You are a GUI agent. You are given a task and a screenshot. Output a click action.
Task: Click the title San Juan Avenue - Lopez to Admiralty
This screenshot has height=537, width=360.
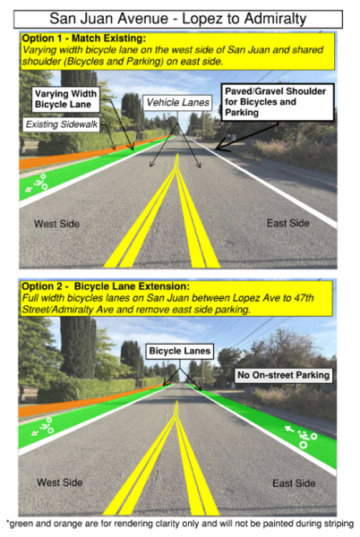[x=178, y=19]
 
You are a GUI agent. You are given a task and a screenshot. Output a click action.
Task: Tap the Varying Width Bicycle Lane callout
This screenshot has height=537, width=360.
[x=65, y=99]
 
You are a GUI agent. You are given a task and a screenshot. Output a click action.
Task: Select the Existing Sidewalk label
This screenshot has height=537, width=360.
[x=62, y=124]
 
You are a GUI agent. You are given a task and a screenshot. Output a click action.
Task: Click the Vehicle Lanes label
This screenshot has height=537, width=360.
[x=177, y=102]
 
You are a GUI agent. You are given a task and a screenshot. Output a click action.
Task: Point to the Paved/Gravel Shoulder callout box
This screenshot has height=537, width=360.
[x=277, y=102]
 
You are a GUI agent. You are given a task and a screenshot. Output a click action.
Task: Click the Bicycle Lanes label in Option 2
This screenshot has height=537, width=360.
[x=180, y=351]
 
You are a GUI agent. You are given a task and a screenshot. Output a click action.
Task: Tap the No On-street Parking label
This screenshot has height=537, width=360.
[x=283, y=375]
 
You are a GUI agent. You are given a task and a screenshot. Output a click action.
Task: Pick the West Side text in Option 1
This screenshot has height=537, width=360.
[x=56, y=224]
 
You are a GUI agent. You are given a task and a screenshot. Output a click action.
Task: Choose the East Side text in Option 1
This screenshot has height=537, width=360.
[x=287, y=223]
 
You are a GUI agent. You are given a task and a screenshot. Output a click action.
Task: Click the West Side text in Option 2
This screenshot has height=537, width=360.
[x=60, y=482]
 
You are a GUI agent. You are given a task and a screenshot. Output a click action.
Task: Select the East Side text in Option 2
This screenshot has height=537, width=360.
[x=294, y=483]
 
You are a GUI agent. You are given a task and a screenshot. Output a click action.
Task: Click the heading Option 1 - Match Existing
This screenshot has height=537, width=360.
[x=84, y=38]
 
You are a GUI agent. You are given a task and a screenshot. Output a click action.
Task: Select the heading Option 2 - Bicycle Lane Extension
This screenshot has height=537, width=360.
[x=106, y=286]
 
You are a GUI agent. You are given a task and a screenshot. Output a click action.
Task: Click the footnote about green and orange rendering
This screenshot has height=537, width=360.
[x=180, y=524]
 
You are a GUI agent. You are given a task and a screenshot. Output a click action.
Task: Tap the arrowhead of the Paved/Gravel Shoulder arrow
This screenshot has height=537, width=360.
[x=219, y=148]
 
